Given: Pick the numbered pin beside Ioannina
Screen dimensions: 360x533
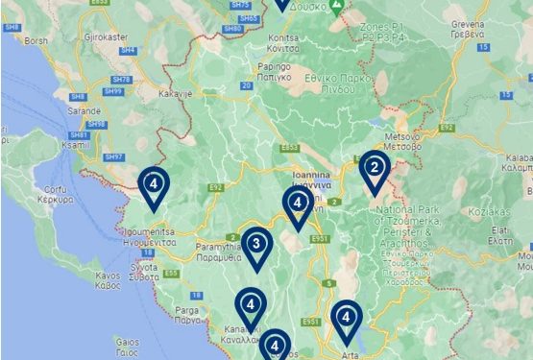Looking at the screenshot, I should click(x=298, y=204).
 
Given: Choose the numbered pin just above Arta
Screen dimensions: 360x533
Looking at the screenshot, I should click(x=346, y=319).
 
